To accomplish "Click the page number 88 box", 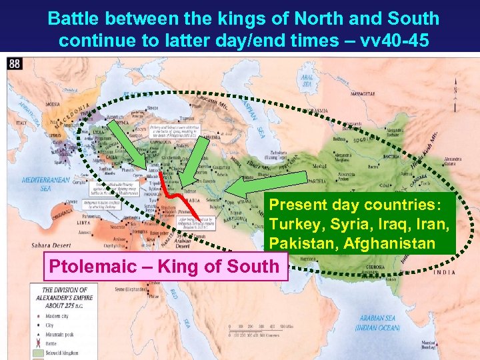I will pyautogui.click(x=14, y=63).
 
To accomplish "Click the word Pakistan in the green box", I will pyautogui.click(x=303, y=244).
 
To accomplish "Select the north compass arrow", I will pyautogui.click(x=455, y=93).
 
